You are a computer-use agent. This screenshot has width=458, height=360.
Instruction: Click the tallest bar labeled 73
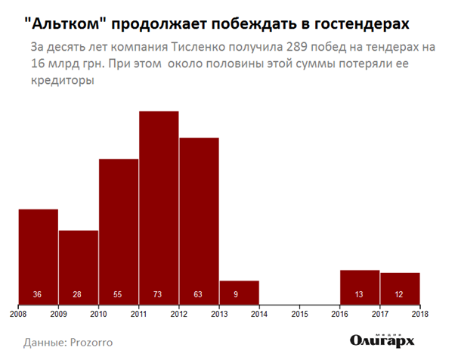[159, 208]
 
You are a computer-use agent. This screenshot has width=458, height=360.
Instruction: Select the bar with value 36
[39, 257]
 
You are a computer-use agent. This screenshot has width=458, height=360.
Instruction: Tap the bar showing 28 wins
[79, 268]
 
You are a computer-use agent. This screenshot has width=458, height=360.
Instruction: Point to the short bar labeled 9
[239, 293]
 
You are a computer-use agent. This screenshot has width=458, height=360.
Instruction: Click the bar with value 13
[360, 287]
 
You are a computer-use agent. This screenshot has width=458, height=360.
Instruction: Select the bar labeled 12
[400, 289]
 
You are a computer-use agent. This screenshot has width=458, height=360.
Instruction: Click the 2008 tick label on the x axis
[18, 313]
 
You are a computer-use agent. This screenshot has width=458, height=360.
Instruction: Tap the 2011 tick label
[138, 313]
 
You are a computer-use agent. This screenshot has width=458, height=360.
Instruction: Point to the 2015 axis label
[299, 313]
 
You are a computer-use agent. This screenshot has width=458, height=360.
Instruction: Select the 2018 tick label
[419, 313]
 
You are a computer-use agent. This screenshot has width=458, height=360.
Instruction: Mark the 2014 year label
[259, 313]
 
